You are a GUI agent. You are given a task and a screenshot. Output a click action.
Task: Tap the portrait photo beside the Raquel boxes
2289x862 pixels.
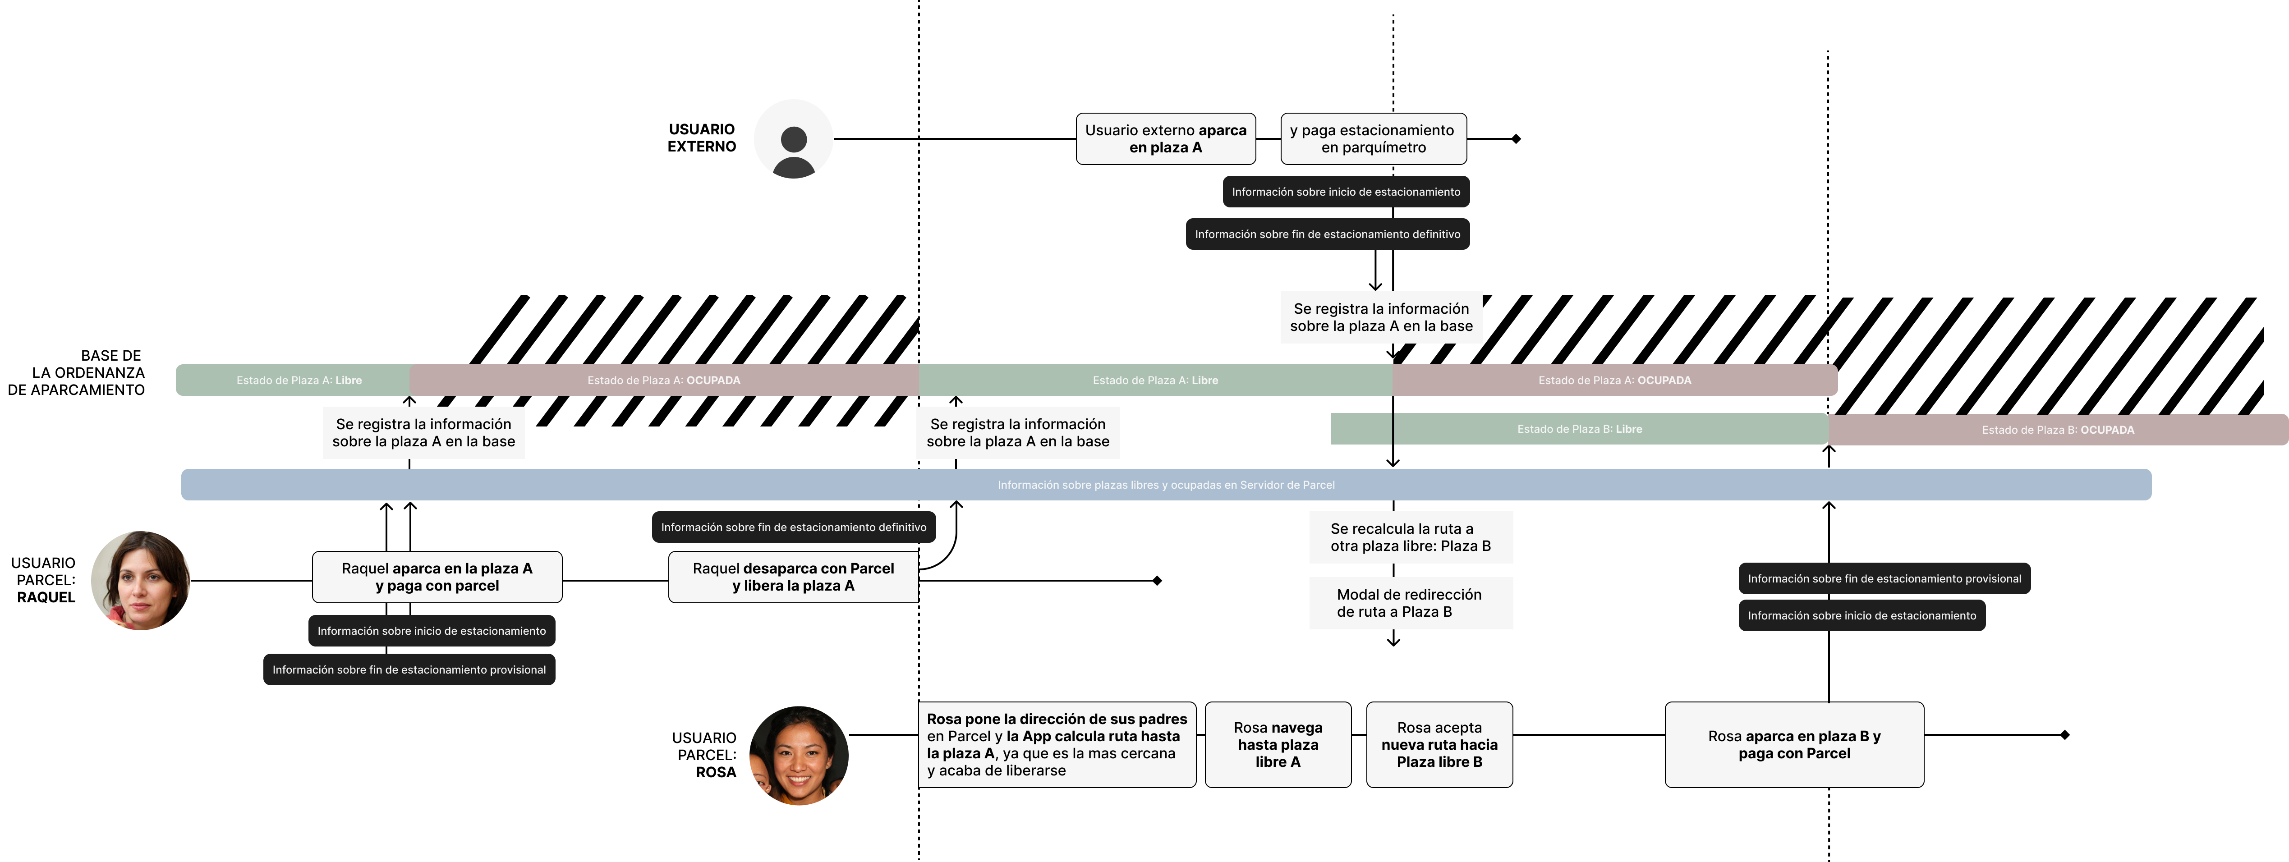coord(140,580)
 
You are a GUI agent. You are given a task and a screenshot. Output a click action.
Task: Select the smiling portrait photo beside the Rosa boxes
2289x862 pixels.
coord(798,755)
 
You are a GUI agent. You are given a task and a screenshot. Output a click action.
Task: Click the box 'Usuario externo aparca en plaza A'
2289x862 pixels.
coord(1165,138)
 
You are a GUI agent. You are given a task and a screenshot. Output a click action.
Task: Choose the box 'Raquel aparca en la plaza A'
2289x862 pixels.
coord(437,577)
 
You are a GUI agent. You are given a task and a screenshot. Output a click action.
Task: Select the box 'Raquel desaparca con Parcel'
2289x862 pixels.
coord(793,577)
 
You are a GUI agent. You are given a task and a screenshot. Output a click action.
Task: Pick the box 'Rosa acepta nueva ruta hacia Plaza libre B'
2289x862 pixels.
coord(1439,745)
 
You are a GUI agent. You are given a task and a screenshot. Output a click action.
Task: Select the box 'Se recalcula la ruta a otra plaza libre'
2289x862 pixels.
coord(1410,537)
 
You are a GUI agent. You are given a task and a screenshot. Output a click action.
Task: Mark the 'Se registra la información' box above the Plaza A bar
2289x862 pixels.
coord(1381,317)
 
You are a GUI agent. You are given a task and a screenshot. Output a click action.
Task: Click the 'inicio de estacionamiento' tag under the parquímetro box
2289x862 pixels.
coord(1345,192)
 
